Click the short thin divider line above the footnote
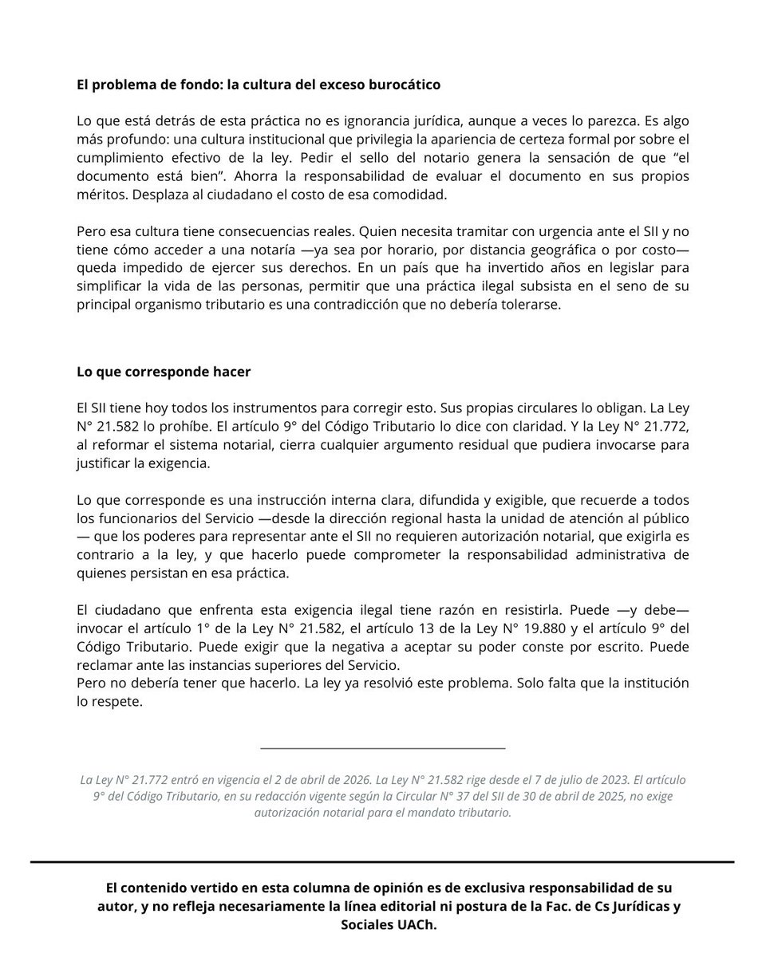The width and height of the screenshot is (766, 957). [383, 748]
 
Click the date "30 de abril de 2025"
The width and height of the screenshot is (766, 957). [507, 796]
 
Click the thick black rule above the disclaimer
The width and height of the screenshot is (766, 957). [382, 862]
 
